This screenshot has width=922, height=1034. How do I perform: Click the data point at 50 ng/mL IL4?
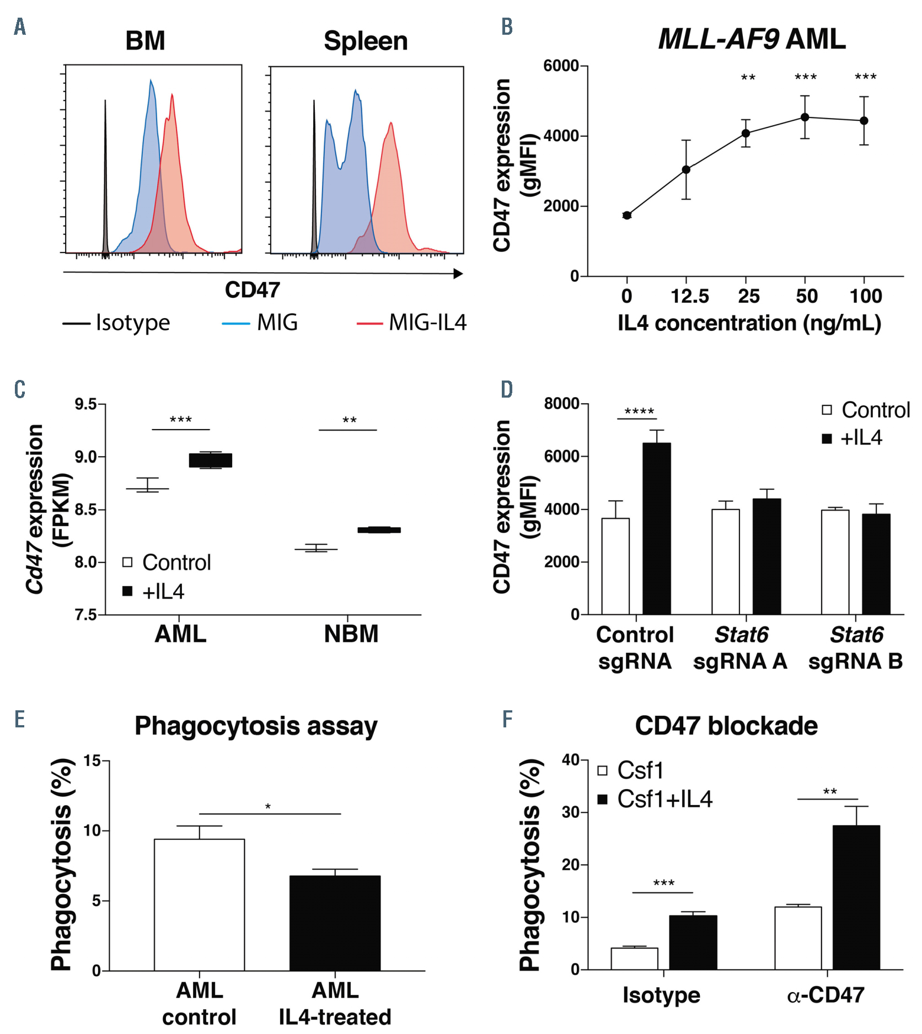(x=805, y=117)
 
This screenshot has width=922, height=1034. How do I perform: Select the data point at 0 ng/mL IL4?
(x=627, y=215)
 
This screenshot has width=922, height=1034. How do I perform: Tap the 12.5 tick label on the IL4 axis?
(x=689, y=297)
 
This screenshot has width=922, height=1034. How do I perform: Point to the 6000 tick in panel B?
(x=561, y=66)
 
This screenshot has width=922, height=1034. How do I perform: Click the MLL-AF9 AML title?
(x=752, y=40)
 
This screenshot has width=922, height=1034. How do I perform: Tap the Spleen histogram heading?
(x=366, y=41)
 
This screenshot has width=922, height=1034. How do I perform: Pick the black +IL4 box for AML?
(x=211, y=460)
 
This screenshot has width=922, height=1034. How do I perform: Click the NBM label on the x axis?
(x=351, y=634)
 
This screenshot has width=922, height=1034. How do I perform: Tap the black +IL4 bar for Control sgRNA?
(x=657, y=528)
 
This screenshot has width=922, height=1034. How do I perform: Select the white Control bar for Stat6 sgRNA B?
(x=835, y=561)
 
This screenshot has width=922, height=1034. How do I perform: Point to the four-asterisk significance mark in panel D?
(x=639, y=411)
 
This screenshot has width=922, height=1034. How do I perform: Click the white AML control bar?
(x=199, y=904)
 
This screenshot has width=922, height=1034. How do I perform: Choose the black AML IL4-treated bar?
(x=335, y=923)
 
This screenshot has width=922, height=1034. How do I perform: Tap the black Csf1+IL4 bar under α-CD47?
(x=856, y=897)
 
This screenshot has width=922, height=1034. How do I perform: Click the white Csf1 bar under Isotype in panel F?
(x=634, y=958)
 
